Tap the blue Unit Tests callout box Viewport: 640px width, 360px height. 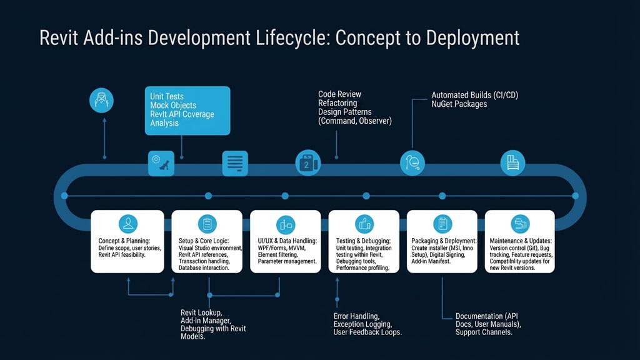pyautogui.click(x=187, y=110)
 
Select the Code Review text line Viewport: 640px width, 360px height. pyautogui.click(x=340, y=94)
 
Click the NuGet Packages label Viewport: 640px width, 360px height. pyautogui.click(x=459, y=104)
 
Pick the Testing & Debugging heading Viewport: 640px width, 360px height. pyautogui.click(x=363, y=241)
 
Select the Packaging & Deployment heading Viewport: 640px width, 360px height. pyautogui.click(x=444, y=241)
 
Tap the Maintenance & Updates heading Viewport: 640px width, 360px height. pyautogui.click(x=521, y=241)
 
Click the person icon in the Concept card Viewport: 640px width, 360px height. pyautogui.click(x=128, y=224)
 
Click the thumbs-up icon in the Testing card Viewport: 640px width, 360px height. pyautogui.click(x=364, y=224)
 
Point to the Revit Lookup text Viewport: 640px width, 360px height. pyautogui.click(x=201, y=312)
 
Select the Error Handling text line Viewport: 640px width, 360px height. pyautogui.click(x=356, y=316)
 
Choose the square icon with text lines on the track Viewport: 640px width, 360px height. pyautogui.click(x=235, y=163)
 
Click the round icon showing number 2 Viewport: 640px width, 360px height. pyautogui.click(x=307, y=163)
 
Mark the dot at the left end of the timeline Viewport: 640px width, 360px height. pyautogui.click(x=64, y=196)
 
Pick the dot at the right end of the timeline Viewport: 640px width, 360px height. pyautogui.click(x=575, y=196)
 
